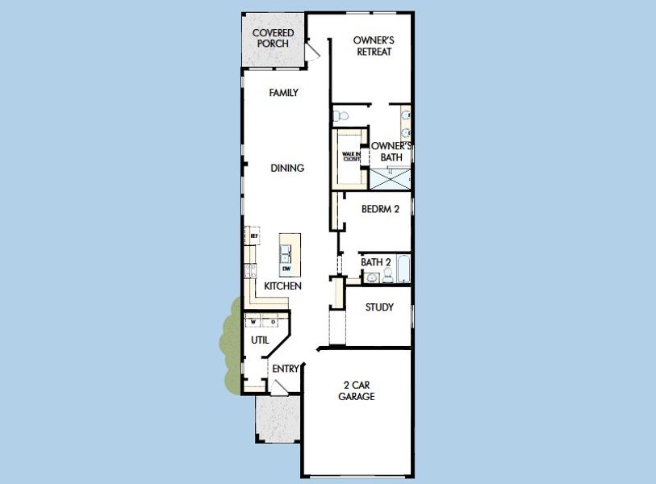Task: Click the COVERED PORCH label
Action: [273, 38]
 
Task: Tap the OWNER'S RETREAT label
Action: [374, 46]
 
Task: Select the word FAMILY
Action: [283, 93]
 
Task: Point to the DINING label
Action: [287, 169]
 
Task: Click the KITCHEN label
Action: [282, 286]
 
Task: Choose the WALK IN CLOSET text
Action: [351, 156]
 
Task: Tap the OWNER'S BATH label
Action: [391, 152]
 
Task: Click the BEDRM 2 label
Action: [380, 209]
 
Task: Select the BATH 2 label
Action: [376, 262]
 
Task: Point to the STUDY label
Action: [379, 307]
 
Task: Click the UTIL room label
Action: [260, 340]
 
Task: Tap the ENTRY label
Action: [286, 369]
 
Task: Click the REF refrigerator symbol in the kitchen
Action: [253, 236]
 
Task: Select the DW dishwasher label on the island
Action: [286, 269]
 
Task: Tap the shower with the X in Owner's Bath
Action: [391, 178]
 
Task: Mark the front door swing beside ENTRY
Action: [278, 388]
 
